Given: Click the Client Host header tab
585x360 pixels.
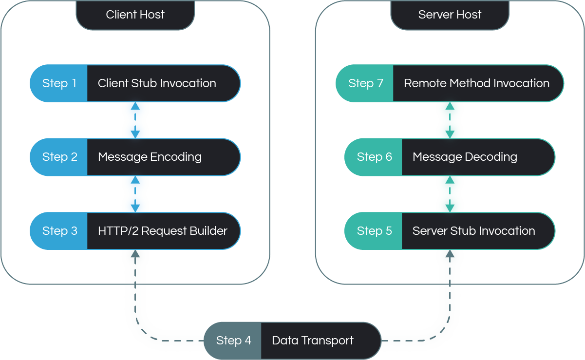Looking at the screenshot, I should tap(135, 15).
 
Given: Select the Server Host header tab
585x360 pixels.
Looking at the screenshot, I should tap(450, 15).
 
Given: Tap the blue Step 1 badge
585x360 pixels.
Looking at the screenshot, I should tap(59, 83).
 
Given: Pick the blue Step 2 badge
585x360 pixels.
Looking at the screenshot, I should tap(59, 157).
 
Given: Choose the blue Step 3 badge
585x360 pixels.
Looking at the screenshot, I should tap(59, 231).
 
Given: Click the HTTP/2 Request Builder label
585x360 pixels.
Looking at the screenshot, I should tap(163, 231).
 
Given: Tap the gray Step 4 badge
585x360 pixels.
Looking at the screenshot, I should tap(233, 341).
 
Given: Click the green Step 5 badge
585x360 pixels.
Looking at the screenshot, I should tap(374, 231).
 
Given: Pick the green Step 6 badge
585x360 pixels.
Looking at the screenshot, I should tap(374, 157).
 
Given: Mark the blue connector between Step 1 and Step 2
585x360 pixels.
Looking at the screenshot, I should tap(135, 120).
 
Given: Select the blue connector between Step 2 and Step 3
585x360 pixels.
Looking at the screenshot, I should tap(135, 194).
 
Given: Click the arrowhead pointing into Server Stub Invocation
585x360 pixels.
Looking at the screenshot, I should tap(450, 254).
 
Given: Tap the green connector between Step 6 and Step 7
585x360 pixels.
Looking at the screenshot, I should tap(450, 120).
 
